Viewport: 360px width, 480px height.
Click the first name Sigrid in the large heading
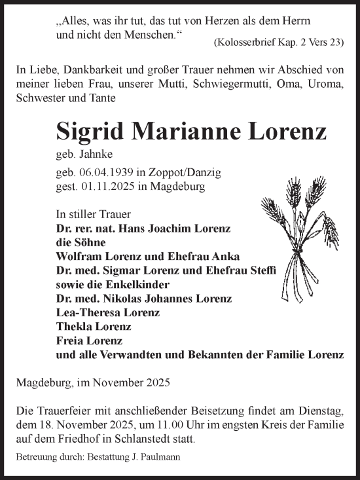coord(95,132)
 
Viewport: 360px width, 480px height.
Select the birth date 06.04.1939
coord(105,173)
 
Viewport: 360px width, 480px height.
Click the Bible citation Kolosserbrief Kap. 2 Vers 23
coord(278,43)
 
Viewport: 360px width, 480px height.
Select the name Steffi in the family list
coord(262,270)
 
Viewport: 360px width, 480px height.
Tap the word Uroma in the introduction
coord(315,84)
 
